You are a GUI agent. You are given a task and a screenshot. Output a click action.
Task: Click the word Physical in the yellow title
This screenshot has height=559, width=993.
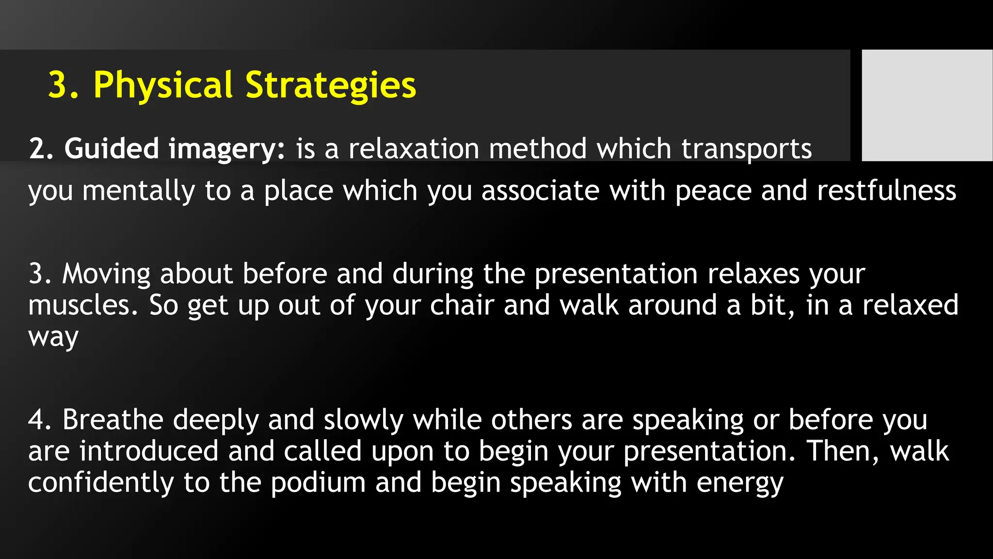coord(163,85)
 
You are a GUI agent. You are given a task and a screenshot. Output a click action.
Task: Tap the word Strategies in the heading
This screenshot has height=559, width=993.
coord(331,85)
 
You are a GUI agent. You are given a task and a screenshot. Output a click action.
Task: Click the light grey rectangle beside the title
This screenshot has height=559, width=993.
coord(927,105)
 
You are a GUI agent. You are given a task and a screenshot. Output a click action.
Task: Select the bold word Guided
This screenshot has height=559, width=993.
coord(112,148)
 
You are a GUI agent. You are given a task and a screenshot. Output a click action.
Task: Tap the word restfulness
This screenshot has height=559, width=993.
coord(887,190)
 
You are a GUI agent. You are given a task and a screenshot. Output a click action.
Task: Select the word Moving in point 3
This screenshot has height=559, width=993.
coord(106,274)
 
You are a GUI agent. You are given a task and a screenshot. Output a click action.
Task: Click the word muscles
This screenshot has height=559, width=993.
coord(83,306)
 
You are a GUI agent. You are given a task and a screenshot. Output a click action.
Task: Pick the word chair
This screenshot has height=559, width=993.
coord(462,306)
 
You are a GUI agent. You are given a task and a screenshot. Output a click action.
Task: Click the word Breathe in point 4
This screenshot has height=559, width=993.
coord(112,419)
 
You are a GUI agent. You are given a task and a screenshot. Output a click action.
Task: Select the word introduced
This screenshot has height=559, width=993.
coord(149,451)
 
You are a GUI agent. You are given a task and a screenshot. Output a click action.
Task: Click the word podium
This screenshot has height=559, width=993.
coord(318,483)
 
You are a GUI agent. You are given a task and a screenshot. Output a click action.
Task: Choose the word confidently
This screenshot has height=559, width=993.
coord(101,483)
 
